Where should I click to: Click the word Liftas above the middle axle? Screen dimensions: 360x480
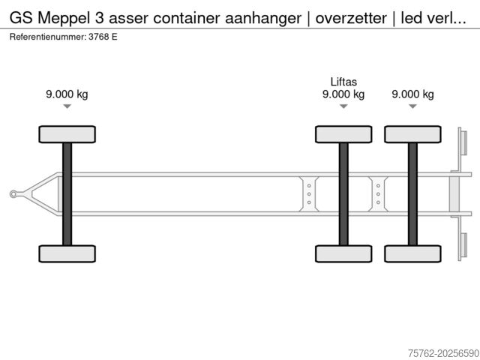coord(343,82)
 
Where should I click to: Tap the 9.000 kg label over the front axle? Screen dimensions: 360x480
coord(67,94)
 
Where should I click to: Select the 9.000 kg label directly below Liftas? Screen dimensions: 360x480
coord(343,94)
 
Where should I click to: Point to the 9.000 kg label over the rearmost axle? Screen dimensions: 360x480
coord(412,94)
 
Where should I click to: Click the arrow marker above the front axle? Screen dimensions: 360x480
coord(67,106)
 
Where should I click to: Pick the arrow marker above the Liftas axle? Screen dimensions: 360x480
coord(343,106)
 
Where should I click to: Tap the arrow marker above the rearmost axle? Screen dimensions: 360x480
coord(412,106)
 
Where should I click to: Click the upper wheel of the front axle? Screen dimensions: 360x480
coord(67,134)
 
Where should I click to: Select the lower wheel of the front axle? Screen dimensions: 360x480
coord(67,253)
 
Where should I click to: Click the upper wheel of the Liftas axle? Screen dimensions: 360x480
coord(343,134)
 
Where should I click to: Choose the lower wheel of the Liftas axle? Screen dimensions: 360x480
coord(343,253)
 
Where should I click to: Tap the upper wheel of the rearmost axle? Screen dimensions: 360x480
coord(412,134)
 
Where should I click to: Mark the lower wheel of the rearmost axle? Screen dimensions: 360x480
coord(412,253)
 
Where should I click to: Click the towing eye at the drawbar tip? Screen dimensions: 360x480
coord(13,194)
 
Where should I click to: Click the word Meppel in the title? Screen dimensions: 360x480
coord(63,19)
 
